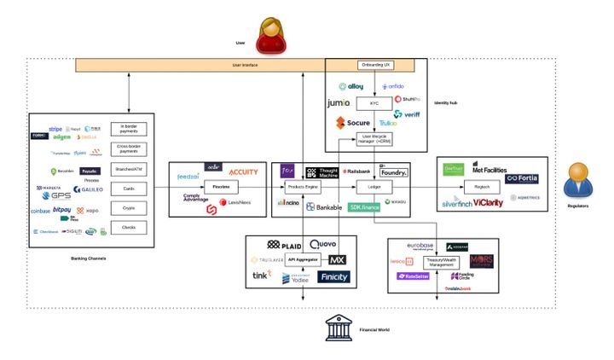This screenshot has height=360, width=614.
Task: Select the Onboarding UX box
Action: click(373, 65)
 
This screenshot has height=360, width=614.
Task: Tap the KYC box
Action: click(374, 104)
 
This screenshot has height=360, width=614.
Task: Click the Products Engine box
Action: click(304, 186)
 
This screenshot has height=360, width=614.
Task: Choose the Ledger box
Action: click(373, 186)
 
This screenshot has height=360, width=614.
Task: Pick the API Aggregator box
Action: click(304, 259)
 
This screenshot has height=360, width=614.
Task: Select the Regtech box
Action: click(492, 186)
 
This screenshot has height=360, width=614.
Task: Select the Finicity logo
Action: click(334, 277)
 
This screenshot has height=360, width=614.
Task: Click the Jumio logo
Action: click(339, 103)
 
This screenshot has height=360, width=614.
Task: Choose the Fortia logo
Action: click(522, 178)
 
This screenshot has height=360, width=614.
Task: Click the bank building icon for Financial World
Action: click(339, 328)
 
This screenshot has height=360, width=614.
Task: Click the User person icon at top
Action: click(271, 35)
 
